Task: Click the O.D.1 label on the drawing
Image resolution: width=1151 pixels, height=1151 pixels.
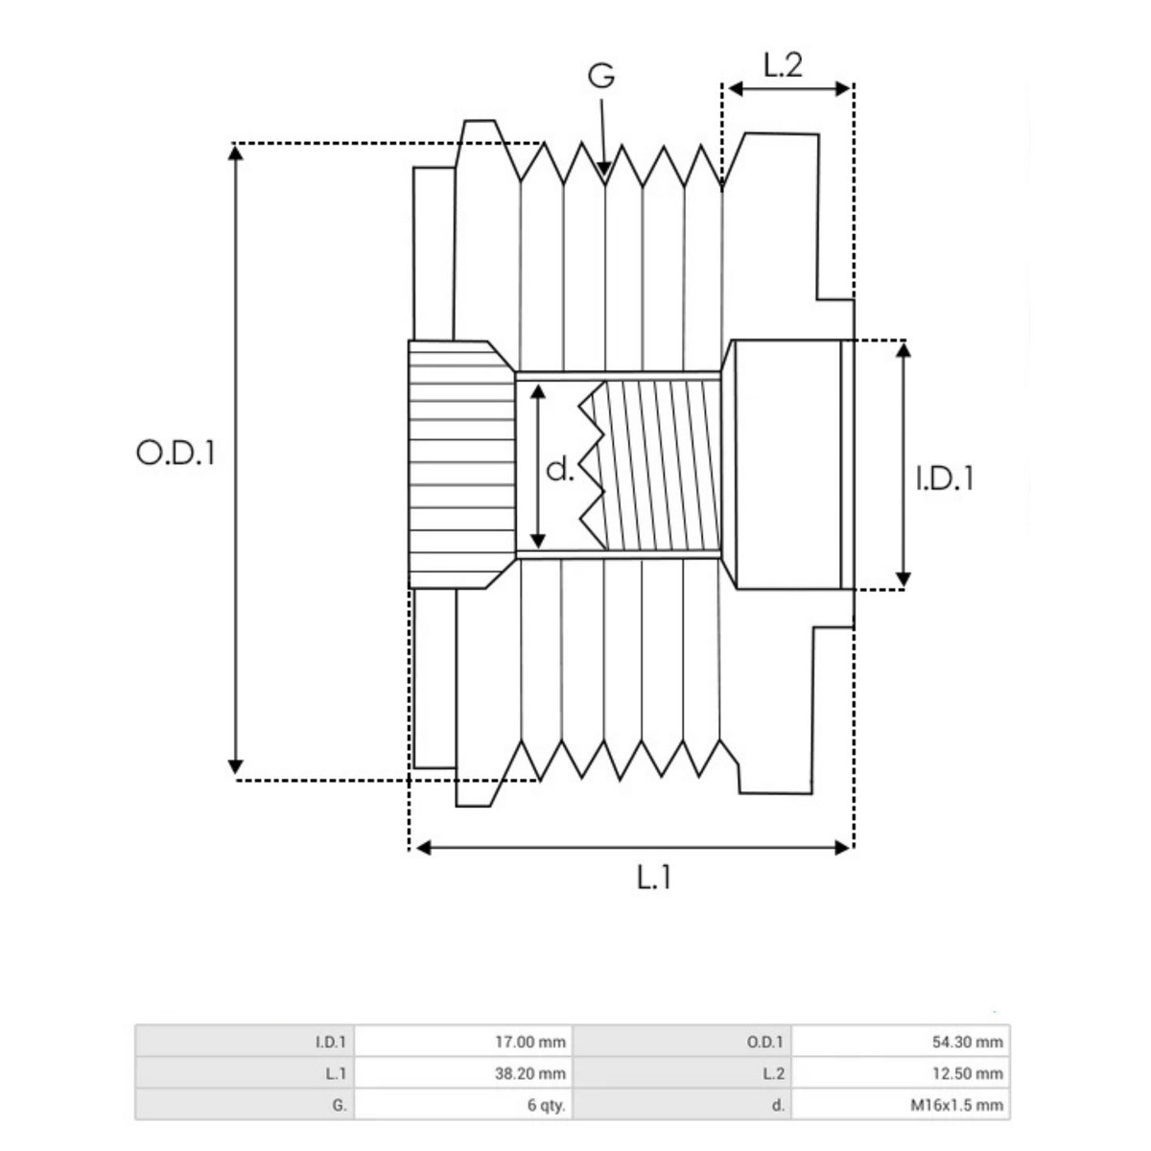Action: (176, 453)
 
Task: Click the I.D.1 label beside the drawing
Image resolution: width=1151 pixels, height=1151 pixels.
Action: (945, 478)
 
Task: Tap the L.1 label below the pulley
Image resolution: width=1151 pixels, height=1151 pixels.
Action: (654, 877)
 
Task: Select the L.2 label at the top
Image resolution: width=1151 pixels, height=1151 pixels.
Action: (783, 65)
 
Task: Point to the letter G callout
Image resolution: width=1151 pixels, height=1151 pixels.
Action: (601, 76)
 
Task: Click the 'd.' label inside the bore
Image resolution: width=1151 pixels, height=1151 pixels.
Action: (559, 469)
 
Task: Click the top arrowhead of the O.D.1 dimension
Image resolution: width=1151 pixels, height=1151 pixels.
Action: (235, 153)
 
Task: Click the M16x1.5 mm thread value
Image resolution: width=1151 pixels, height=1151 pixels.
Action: (956, 1105)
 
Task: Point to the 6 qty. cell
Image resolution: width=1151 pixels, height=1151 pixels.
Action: (547, 1105)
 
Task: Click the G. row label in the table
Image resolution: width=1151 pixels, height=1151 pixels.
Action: (339, 1105)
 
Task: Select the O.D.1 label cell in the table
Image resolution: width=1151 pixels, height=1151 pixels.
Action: (764, 1042)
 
